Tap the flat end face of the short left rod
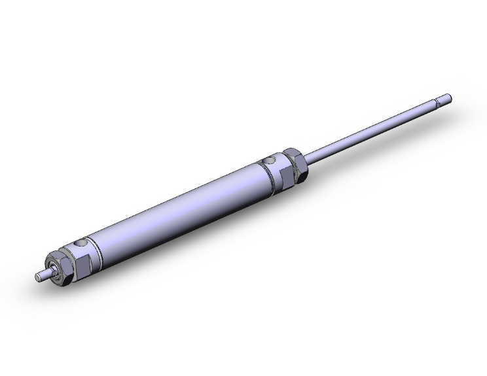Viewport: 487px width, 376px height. pos(37,277)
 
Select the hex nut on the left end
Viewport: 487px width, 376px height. pos(63,265)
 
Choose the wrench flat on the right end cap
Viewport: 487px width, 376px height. pos(278,175)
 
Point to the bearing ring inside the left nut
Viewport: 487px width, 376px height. pos(54,268)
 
